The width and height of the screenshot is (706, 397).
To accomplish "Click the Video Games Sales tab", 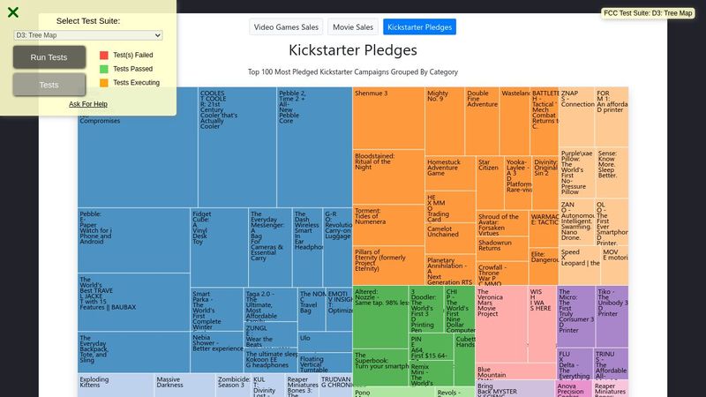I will click(285, 27).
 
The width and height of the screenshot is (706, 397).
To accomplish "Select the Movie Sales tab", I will click(353, 27).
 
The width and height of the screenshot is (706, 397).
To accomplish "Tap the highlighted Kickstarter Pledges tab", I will click(419, 27).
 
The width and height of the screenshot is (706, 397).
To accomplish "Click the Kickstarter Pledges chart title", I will click(353, 50).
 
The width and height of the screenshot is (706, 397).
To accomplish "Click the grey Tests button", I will click(49, 85).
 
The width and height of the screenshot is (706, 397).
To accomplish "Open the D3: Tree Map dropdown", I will click(88, 35).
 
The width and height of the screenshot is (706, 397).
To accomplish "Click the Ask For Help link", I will click(88, 104).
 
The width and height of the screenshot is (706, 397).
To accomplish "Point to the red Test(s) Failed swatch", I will click(104, 55).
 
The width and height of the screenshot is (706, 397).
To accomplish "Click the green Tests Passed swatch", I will click(104, 69).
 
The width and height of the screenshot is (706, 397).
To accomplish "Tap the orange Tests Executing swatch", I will click(104, 83).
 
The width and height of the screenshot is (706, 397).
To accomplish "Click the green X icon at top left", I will click(13, 12).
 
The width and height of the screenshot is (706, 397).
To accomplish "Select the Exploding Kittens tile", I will click(115, 385).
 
